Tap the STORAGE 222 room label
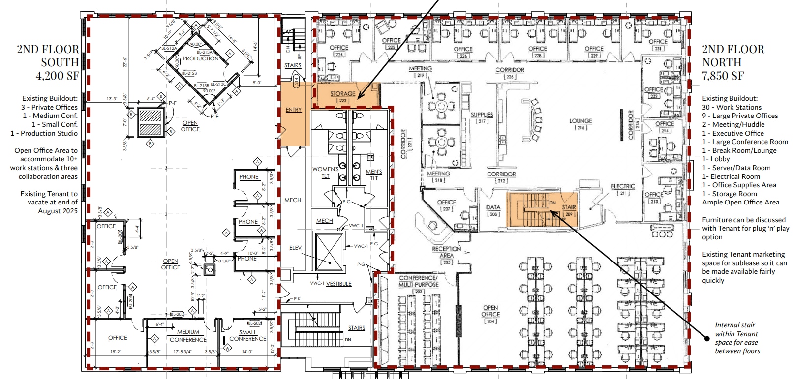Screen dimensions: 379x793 pyautogui.click(x=343, y=96)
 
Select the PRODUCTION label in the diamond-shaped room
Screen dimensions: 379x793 pyautogui.click(x=201, y=58)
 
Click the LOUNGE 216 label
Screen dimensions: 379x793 pyautogui.click(x=580, y=124)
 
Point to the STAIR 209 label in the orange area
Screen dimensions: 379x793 pyautogui.click(x=569, y=210)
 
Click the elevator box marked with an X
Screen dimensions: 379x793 pyautogui.click(x=329, y=252)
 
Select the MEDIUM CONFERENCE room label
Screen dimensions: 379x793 pyautogui.click(x=188, y=336)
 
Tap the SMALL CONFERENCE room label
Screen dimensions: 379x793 pyautogui.click(x=247, y=336)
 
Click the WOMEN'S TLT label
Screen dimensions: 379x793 pyautogui.click(x=325, y=173)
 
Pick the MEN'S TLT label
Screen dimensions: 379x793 pyautogui.click(x=374, y=175)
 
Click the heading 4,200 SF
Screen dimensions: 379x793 pyautogui.click(x=57, y=76)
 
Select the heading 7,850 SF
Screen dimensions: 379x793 pyautogui.click(x=723, y=76)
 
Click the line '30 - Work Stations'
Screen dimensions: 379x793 pyautogui.click(x=732, y=107)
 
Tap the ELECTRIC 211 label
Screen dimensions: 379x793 pyautogui.click(x=623, y=189)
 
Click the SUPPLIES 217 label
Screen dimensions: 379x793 pyautogui.click(x=482, y=117)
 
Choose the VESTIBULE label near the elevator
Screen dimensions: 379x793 pyautogui.click(x=338, y=284)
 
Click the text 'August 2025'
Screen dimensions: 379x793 pyautogui.click(x=58, y=211)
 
